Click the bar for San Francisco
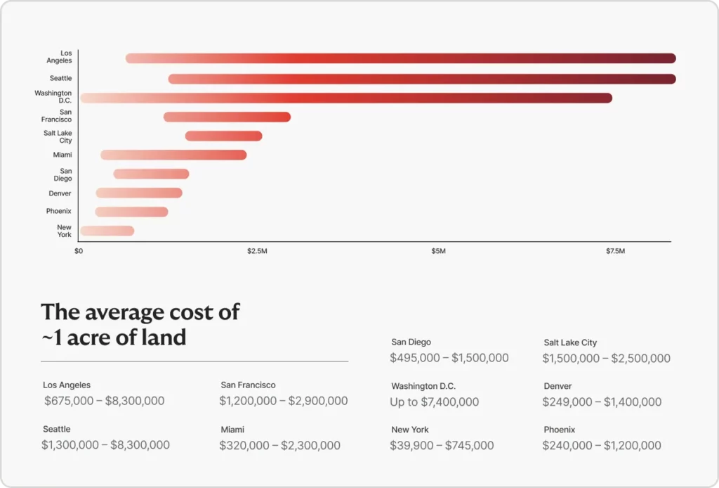click(x=227, y=117)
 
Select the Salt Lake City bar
click(x=223, y=136)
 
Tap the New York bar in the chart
click(x=107, y=231)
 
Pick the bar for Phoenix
click(x=131, y=212)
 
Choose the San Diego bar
click(x=151, y=174)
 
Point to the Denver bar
click(x=139, y=193)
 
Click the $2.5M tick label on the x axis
click(x=257, y=251)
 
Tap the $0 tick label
click(x=79, y=251)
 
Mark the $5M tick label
click(x=438, y=251)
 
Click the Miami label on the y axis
click(x=62, y=155)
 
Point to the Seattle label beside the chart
click(x=60, y=78)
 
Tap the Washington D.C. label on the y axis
click(x=53, y=97)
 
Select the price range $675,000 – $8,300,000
click(x=104, y=401)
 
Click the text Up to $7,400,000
click(x=434, y=402)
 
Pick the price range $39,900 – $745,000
click(x=442, y=445)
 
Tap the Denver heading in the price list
click(x=558, y=386)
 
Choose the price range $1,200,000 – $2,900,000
click(x=283, y=401)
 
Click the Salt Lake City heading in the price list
click(x=570, y=342)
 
